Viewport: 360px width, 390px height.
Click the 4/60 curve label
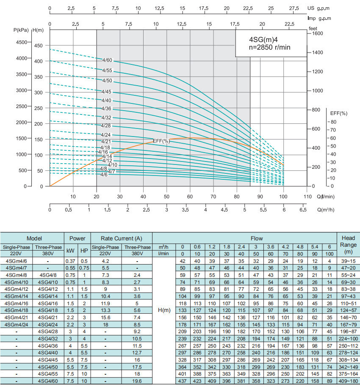(x=107, y=60)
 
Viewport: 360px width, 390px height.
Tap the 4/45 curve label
(x=107, y=92)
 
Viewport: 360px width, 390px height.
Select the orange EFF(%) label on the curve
(x=161, y=141)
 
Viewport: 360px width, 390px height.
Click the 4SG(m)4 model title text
(x=263, y=39)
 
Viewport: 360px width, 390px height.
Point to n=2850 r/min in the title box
(x=269, y=47)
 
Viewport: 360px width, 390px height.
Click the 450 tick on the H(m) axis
(x=38, y=45)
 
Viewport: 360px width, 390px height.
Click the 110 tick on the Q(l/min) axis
(x=307, y=196)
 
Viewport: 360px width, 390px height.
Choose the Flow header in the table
(x=244, y=239)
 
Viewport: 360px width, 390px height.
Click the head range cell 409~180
(x=348, y=382)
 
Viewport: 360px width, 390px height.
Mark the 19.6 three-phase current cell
(x=137, y=382)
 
